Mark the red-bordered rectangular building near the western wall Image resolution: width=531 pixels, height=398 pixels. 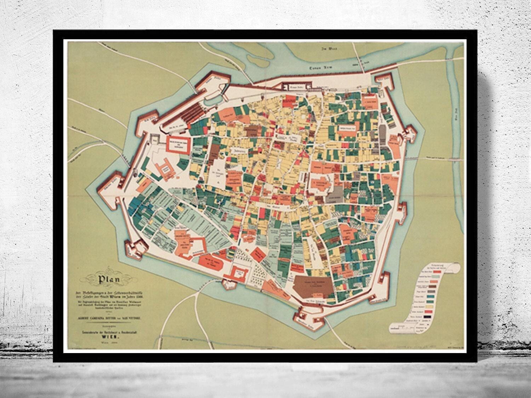pyautogui.click(x=179, y=144)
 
